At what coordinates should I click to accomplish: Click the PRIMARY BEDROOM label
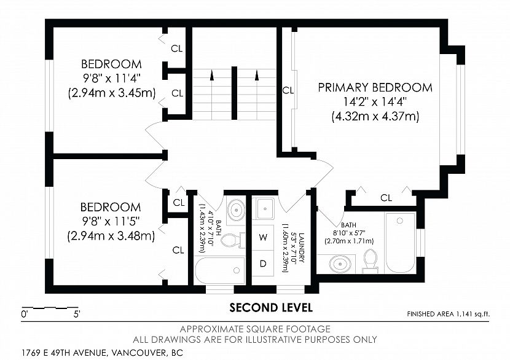pyautogui.click(x=375, y=87)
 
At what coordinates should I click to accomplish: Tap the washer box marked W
pyautogui.click(x=263, y=237)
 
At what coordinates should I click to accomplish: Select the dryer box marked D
pyautogui.click(x=263, y=264)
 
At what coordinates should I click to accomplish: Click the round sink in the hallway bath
pyautogui.click(x=236, y=209)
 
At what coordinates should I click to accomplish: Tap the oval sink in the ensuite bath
pyautogui.click(x=340, y=264)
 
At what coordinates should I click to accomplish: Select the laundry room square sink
pyautogui.click(x=265, y=208)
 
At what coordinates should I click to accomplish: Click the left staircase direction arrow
pyautogui.click(x=212, y=75)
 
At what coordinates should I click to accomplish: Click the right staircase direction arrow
pyautogui.click(x=257, y=75)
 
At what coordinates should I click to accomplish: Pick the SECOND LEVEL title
pyautogui.click(x=271, y=307)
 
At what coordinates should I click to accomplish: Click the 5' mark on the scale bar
pyautogui.click(x=77, y=314)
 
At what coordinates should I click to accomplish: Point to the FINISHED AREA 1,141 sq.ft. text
pyautogui.click(x=448, y=314)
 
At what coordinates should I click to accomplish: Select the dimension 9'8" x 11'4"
pyautogui.click(x=111, y=79)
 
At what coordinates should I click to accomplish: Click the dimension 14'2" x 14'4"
pyautogui.click(x=375, y=102)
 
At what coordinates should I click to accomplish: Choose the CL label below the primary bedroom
pyautogui.click(x=386, y=197)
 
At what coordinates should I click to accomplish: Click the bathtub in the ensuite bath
pyautogui.click(x=400, y=243)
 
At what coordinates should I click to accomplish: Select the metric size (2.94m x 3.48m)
pyautogui.click(x=111, y=236)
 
